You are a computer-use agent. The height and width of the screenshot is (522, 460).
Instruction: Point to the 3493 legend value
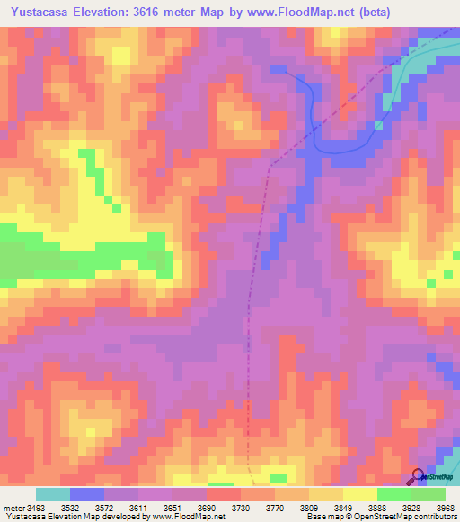pos(36,507)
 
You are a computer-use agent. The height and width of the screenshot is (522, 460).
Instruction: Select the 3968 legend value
pos(445,507)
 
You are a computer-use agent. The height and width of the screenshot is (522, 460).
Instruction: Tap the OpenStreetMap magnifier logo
pos(419,475)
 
